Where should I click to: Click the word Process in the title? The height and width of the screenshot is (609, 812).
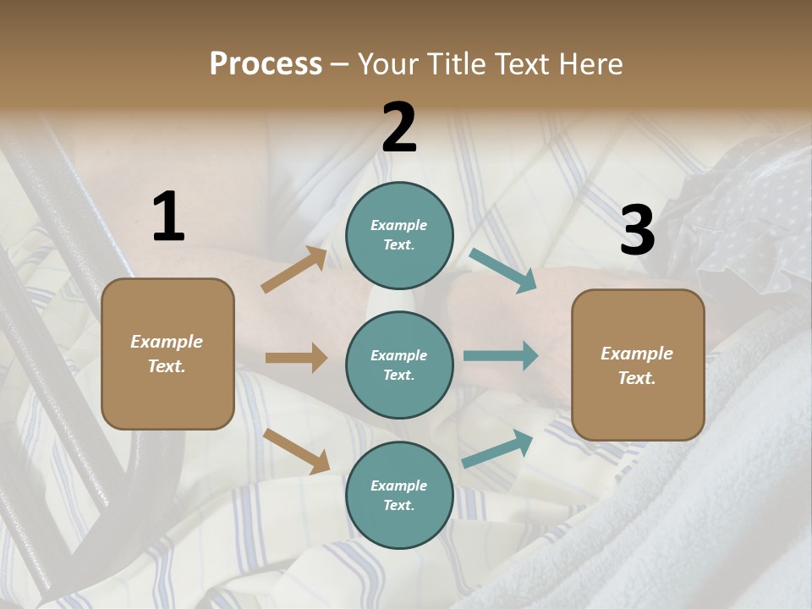[266, 63]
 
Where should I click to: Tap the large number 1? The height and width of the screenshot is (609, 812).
[168, 217]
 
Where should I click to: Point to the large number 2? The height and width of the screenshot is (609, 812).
[399, 128]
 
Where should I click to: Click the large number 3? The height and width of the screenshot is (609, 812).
[637, 230]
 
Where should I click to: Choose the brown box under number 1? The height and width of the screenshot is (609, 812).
[167, 354]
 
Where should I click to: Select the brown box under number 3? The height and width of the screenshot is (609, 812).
[638, 365]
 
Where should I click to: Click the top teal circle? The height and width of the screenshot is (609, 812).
[399, 235]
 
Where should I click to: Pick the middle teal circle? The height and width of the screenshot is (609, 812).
[399, 365]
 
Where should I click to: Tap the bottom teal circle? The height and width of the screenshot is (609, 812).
[399, 495]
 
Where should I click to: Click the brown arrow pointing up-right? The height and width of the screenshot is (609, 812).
[294, 270]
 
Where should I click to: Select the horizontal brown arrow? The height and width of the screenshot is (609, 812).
[296, 358]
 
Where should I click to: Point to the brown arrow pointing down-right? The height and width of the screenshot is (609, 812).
[296, 450]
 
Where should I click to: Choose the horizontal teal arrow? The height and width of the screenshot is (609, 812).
[501, 355]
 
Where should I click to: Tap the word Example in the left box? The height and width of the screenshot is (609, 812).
[167, 342]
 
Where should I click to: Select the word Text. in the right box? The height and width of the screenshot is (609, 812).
[637, 378]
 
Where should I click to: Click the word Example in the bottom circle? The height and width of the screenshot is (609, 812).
[398, 486]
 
